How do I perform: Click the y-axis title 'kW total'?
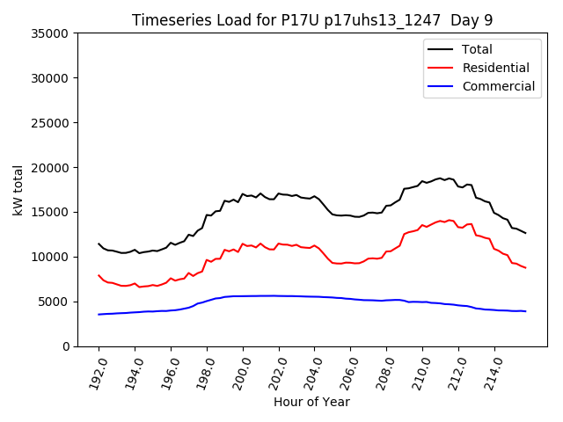pyautogui.click(x=18, y=190)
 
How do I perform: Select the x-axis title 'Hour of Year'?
pyautogui.click(x=311, y=402)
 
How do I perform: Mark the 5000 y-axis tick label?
pyautogui.click(x=55, y=302)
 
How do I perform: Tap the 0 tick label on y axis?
pyautogui.click(x=67, y=346)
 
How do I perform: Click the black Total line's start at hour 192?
pyautogui.click(x=99, y=244)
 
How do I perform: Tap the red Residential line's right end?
pyautogui.click(x=525, y=267)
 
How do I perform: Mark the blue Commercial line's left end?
pyautogui.click(x=99, y=314)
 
